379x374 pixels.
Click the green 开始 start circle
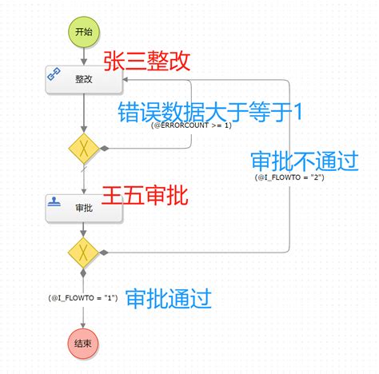pyautogui.click(x=83, y=32)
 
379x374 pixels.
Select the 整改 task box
pyautogui.click(x=83, y=80)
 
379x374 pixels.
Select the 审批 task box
pyautogui.click(x=83, y=207)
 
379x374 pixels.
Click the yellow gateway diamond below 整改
pyautogui.click(x=83, y=148)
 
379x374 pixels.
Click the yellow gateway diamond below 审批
pyautogui.click(x=83, y=252)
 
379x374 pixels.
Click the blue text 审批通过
pyautogui.click(x=168, y=300)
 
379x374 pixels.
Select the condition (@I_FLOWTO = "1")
pyautogui.click(x=83, y=297)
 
